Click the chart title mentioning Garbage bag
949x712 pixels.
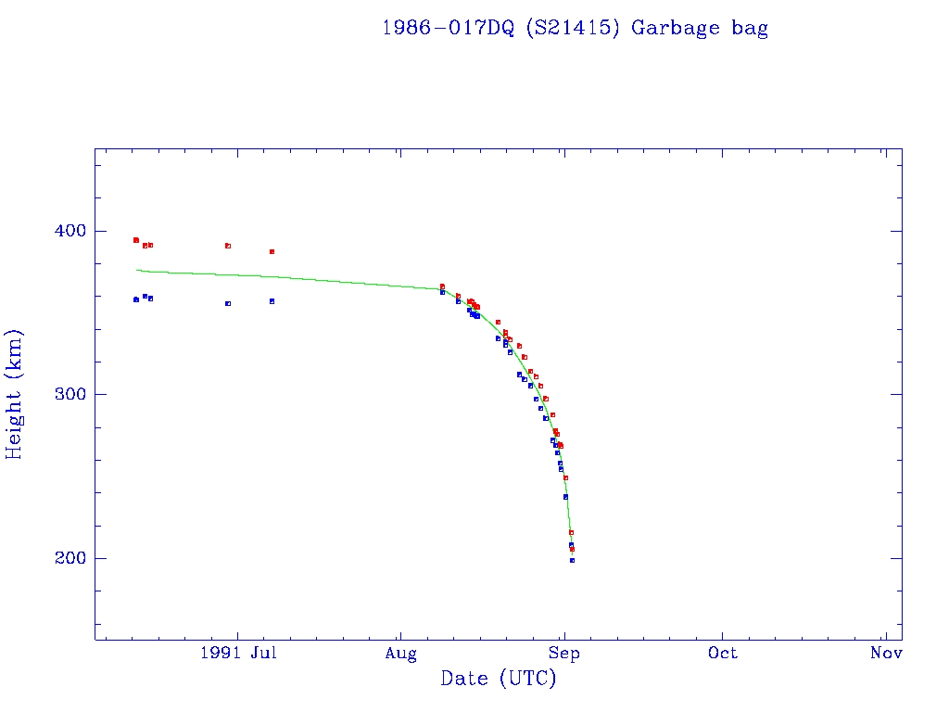pyautogui.click(x=575, y=28)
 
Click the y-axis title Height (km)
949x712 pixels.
pyautogui.click(x=15, y=394)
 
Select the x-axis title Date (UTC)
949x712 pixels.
pyautogui.click(x=499, y=679)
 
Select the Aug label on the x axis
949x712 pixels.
pyautogui.click(x=400, y=653)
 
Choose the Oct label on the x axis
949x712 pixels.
pyautogui.click(x=723, y=653)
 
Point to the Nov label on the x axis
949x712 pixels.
pyautogui.click(x=886, y=653)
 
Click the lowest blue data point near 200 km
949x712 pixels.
pyautogui.click(x=572, y=560)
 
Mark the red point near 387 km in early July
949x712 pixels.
pyautogui.click(x=272, y=251)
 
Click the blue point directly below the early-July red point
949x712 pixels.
pyautogui.click(x=272, y=301)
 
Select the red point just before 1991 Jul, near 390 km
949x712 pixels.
pyautogui.click(x=228, y=246)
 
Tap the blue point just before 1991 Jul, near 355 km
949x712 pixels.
pyautogui.click(x=228, y=303)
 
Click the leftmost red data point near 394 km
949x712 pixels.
pyautogui.click(x=135, y=240)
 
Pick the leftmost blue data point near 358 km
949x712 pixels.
pyautogui.click(x=135, y=299)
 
